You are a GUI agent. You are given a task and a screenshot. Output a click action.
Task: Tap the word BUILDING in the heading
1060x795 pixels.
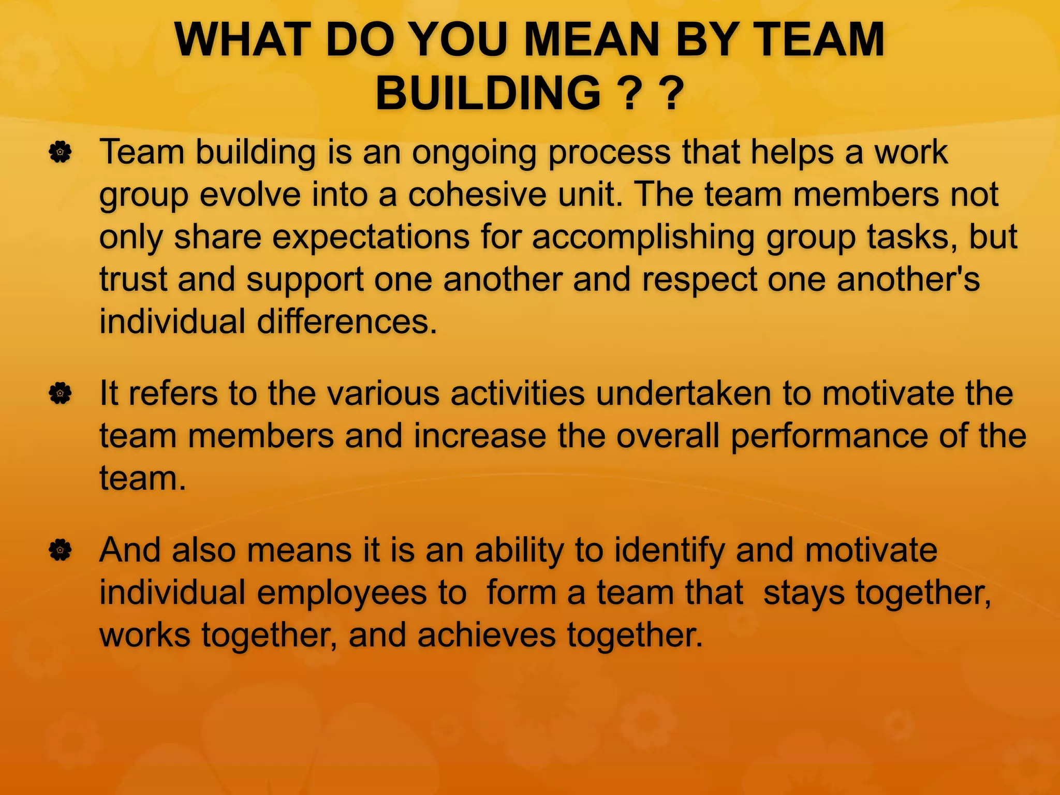(x=487, y=93)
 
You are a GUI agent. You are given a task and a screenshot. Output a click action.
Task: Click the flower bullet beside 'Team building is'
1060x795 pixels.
(x=61, y=153)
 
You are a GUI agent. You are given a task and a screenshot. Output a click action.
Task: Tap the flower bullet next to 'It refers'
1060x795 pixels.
(x=61, y=394)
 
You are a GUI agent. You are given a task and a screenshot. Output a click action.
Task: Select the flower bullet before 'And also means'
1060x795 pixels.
(x=61, y=550)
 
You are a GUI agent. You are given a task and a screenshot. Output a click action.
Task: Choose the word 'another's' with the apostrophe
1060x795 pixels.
(x=908, y=279)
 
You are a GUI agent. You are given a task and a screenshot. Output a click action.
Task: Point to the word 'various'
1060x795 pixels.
(x=383, y=394)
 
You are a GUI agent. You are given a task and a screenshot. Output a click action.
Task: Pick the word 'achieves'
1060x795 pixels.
(x=487, y=635)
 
